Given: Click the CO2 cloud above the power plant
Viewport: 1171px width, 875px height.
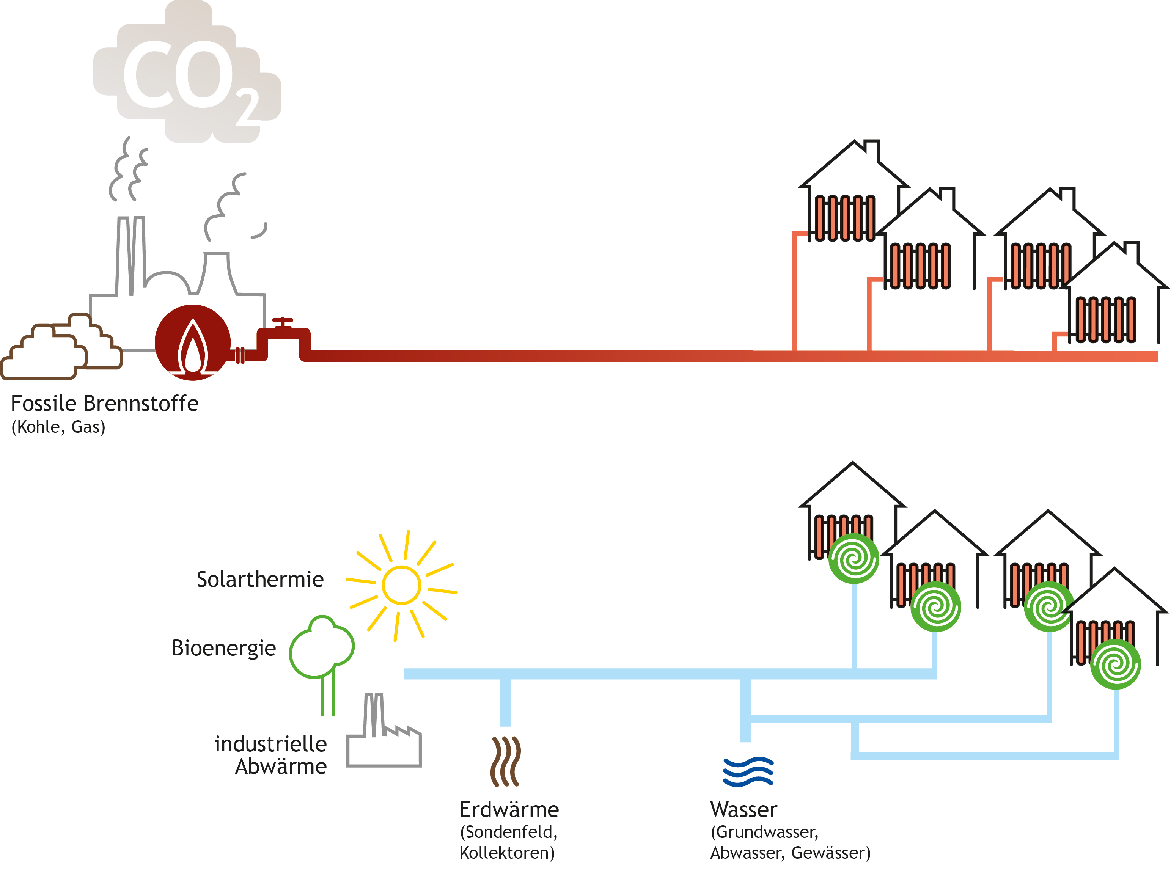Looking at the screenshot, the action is tap(187, 74).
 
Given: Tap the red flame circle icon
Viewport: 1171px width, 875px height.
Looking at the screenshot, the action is tap(193, 342).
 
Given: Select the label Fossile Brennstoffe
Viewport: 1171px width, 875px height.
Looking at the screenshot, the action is tap(105, 403).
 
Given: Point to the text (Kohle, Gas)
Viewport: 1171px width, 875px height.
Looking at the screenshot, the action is tap(58, 427).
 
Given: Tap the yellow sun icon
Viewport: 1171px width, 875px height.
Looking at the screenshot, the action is tap(401, 586).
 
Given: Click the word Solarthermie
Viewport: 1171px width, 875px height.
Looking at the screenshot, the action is tap(260, 580).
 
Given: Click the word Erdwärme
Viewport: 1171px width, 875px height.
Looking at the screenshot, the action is tap(509, 810).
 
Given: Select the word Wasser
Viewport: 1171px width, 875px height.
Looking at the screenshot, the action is tap(744, 810).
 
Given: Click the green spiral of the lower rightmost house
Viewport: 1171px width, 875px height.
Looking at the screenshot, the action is tap(1115, 664).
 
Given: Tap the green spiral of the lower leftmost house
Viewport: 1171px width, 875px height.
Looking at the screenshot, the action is tap(854, 558).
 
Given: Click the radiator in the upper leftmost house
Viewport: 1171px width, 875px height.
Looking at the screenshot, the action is tap(845, 218).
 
